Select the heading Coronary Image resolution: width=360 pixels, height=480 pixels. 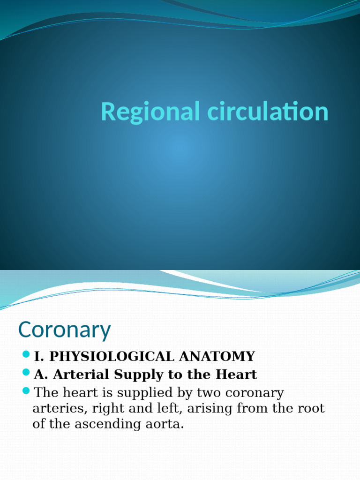[x=64, y=330]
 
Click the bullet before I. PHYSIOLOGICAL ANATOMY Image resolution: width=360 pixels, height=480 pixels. [x=26, y=356]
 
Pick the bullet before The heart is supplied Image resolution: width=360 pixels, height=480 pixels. [x=26, y=391]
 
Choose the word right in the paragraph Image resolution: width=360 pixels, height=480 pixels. [x=108, y=409]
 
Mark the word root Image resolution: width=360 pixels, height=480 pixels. [x=311, y=408]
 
